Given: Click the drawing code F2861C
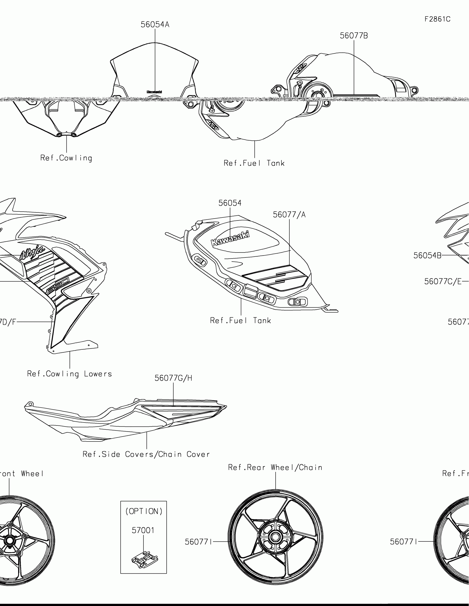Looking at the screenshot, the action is point(437,19).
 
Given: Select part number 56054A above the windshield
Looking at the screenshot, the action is point(155,25).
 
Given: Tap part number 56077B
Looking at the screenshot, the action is point(354,36).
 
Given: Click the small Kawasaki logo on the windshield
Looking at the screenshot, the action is point(154,92).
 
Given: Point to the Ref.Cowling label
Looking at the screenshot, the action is point(66,158).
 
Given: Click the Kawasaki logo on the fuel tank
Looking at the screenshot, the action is point(230,238).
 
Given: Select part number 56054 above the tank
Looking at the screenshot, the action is point(230,203).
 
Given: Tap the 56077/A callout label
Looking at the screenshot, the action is point(289,215).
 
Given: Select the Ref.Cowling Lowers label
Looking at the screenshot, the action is point(69,374).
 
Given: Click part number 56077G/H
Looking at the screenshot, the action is point(173,378).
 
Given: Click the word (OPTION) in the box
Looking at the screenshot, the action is point(144,511).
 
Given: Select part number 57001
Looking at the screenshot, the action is point(143,531).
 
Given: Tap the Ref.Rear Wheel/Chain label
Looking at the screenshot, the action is point(275,467).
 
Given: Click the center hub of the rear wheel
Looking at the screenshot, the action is point(275,537).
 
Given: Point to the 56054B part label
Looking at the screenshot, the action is point(427,256).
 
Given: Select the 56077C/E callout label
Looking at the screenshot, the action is point(443,282).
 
